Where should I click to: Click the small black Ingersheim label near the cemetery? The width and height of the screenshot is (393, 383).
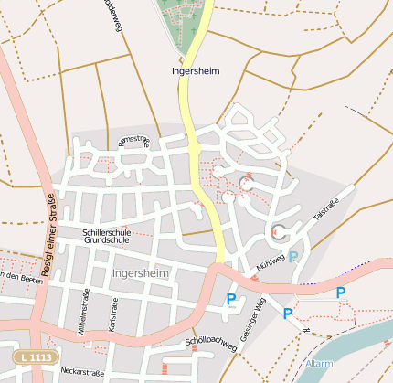point(195,70)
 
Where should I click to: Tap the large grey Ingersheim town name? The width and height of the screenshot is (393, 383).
point(140,273)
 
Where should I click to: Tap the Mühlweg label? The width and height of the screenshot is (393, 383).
point(271,262)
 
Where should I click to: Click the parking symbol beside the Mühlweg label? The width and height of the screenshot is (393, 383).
point(293,257)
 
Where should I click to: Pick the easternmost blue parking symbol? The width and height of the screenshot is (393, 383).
point(341,293)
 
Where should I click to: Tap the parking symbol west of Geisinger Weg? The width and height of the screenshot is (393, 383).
point(231,298)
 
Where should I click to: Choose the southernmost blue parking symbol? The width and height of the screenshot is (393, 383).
point(288,314)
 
